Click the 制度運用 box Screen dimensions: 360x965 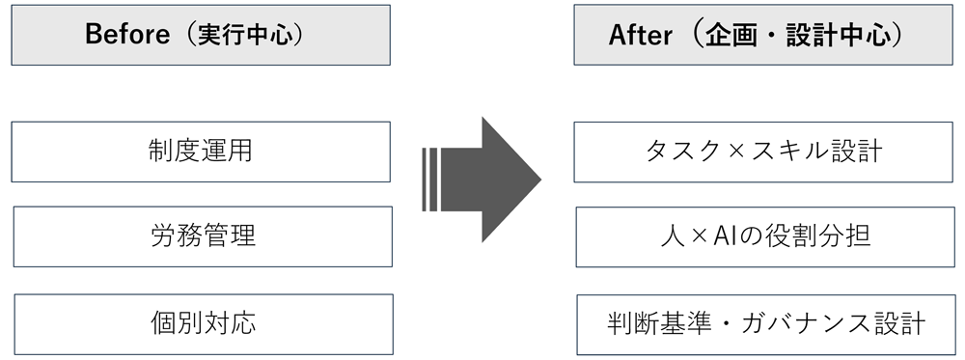pyautogui.click(x=201, y=152)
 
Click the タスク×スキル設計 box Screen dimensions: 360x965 pyautogui.click(x=763, y=152)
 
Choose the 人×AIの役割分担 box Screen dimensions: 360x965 pyautogui.click(x=763, y=235)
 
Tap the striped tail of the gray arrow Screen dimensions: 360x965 pyautogui.click(x=432, y=179)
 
